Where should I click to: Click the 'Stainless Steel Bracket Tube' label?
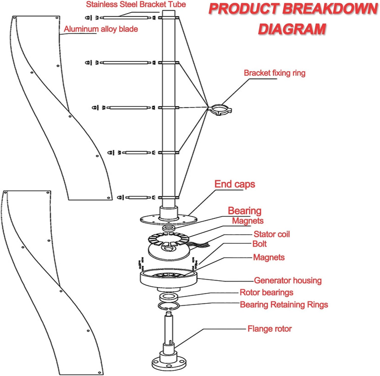pos(136,5)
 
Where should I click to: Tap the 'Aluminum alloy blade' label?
pos(101,29)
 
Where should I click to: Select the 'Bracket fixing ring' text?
pos(275,73)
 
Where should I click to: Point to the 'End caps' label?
pos(235,184)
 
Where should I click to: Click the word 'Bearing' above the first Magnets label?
pos(245,211)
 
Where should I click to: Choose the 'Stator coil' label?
pos(272,234)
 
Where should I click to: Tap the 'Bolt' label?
pos(260,244)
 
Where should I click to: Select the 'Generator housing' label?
pos(288,280)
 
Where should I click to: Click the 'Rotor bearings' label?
pos(266,292)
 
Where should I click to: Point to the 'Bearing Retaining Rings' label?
pos(284,305)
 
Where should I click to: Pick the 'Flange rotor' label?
pos(269,329)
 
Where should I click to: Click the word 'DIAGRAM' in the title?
pos(292,29)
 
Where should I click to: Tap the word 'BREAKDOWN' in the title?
pos(330,9)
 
